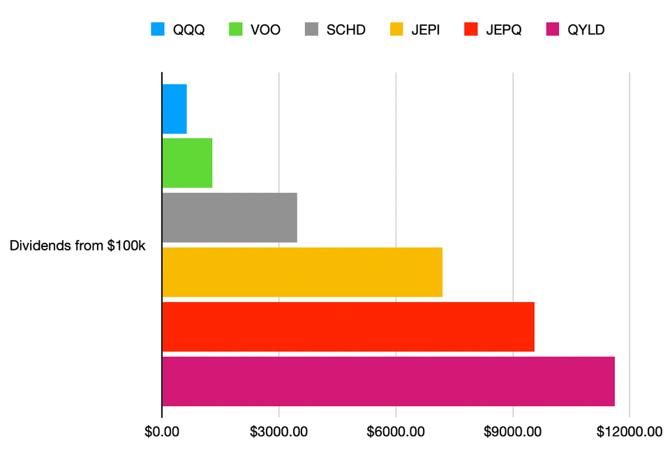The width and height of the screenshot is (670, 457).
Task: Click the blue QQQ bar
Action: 174,109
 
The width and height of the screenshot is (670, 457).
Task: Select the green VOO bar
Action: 187,163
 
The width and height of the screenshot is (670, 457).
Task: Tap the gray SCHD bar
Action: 230,218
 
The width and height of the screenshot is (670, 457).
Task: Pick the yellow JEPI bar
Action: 302,272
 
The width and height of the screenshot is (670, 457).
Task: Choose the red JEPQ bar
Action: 348,327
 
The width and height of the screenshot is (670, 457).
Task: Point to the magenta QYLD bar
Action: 388,381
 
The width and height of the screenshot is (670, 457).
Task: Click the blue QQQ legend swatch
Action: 158,29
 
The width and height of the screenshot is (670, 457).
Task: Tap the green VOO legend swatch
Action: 235,29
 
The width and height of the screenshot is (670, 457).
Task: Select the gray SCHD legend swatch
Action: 312,29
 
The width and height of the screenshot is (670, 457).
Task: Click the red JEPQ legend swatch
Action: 471,29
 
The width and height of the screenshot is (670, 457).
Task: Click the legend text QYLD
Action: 586,29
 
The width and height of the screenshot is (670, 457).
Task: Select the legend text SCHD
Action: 346,29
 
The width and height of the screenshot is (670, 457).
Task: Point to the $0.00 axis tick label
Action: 162,432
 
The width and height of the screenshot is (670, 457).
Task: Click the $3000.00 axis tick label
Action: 278,432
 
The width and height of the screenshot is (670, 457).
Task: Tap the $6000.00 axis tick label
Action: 396,432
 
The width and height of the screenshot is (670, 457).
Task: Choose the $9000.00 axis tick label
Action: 512,432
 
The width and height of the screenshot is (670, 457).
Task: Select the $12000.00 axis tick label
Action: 629,432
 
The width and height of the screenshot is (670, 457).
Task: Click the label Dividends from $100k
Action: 77,246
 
